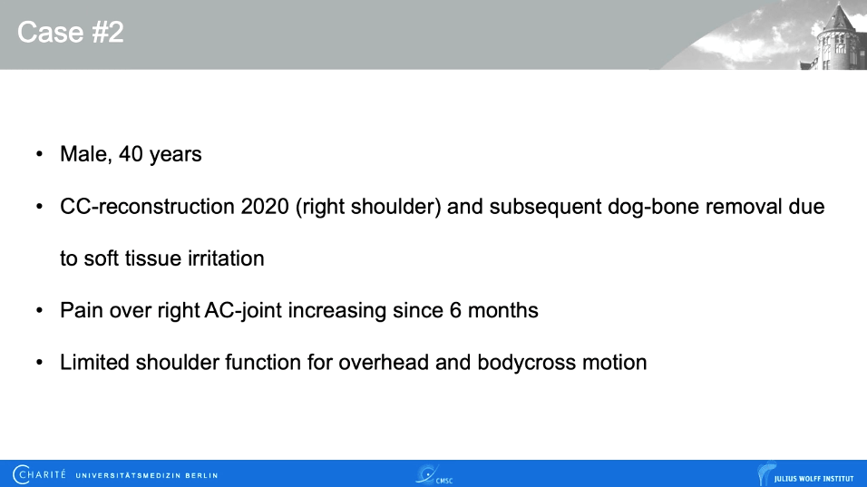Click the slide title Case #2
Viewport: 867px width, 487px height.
click(x=70, y=33)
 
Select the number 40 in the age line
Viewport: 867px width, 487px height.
click(x=132, y=154)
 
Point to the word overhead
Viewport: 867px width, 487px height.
click(x=379, y=363)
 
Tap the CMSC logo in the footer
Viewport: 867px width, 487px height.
click(x=433, y=474)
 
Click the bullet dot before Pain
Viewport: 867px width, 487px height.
click(x=39, y=311)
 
